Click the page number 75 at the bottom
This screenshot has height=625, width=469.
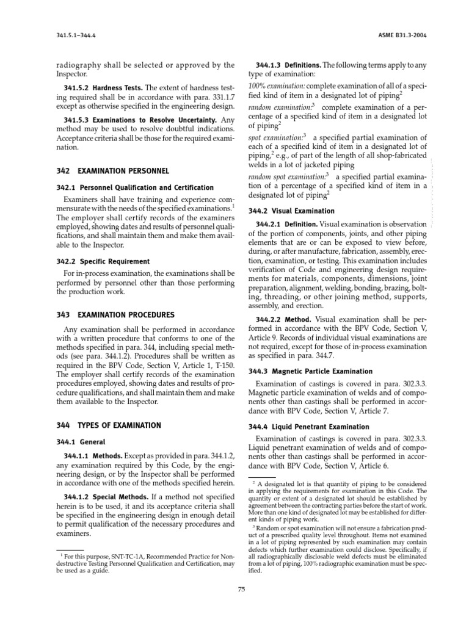click(241, 588)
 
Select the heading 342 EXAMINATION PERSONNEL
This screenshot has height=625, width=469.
click(112, 171)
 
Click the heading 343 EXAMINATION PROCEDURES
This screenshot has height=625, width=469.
click(114, 315)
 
